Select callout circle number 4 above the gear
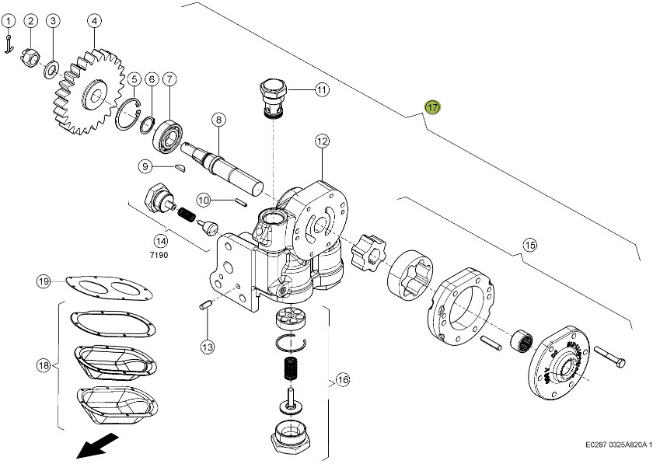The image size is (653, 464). (94, 20)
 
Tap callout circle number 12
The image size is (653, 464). (322, 141)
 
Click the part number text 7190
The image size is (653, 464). (159, 254)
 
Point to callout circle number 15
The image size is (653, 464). (529, 246)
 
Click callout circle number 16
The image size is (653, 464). (341, 380)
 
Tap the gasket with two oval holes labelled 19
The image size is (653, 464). (109, 288)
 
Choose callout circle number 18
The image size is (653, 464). (44, 365)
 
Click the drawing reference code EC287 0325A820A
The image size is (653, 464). (618, 446)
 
